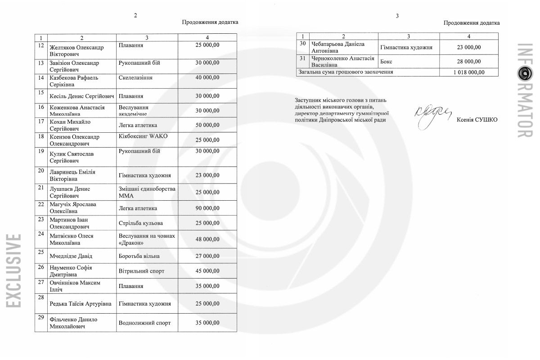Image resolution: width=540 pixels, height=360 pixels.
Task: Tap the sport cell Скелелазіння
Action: pos(135,78)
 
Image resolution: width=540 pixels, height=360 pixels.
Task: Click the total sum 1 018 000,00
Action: pos(469,72)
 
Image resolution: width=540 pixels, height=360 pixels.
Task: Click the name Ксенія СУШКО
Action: pos(477,119)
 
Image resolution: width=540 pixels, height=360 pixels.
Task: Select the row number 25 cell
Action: pos(41,252)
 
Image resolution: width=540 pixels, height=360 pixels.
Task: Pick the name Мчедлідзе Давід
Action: pos(71,256)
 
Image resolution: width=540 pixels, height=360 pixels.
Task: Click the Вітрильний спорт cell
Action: pos(141,271)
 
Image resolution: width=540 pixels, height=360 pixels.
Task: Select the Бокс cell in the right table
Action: pos(386,62)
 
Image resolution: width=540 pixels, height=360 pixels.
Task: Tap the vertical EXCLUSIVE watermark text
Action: pos(13,270)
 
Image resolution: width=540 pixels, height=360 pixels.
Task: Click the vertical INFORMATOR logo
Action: pos(525,90)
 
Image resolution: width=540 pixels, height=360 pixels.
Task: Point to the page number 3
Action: pos(397,16)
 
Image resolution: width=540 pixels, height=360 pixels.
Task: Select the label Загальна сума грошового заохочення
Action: pos(346,72)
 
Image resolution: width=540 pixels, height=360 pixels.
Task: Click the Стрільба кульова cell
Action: pos(141,223)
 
